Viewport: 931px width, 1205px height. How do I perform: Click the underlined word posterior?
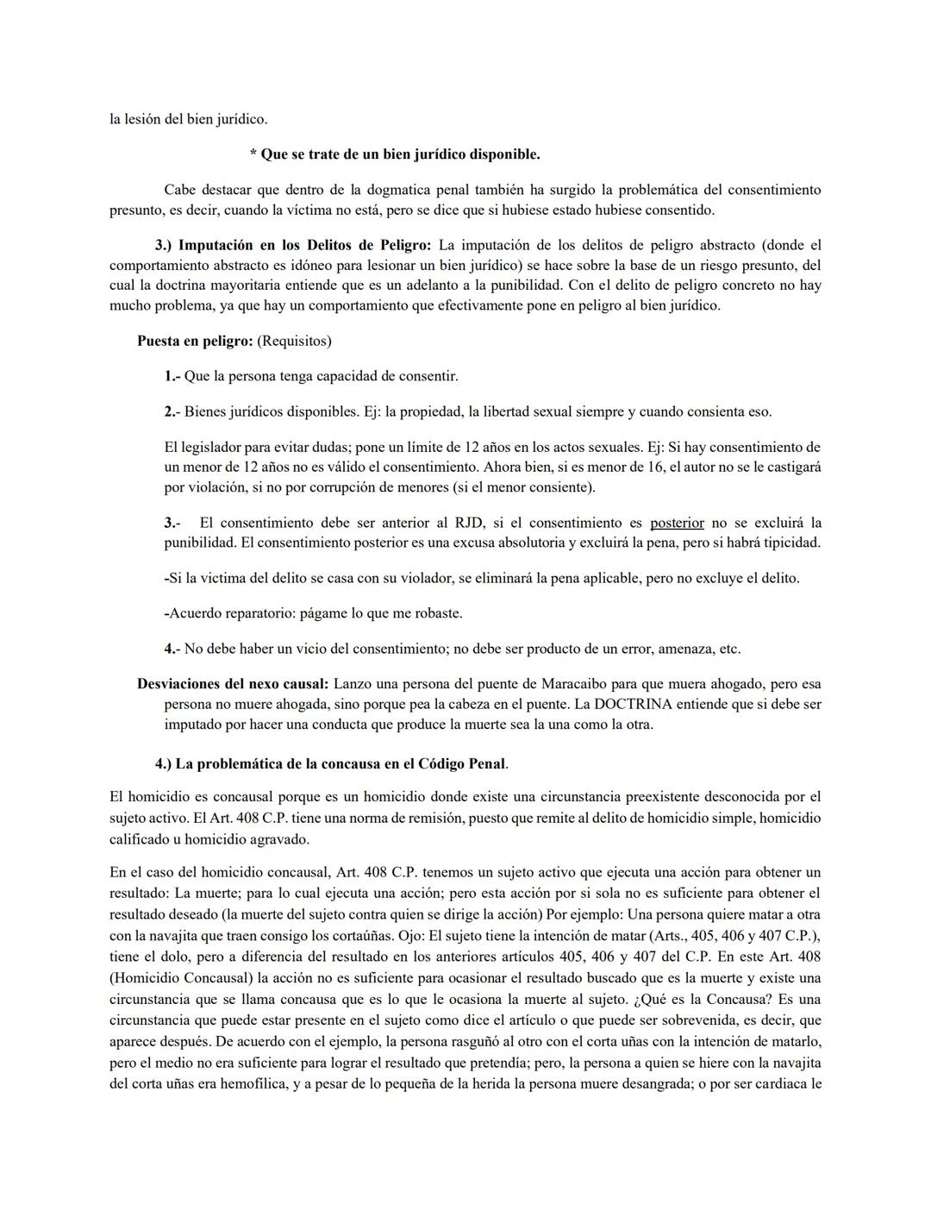point(677,523)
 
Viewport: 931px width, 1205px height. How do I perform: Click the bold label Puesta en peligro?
point(195,341)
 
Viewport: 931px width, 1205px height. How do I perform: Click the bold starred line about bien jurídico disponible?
point(395,154)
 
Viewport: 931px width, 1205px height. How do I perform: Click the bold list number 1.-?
point(172,376)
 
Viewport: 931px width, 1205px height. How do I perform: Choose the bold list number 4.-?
point(172,649)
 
